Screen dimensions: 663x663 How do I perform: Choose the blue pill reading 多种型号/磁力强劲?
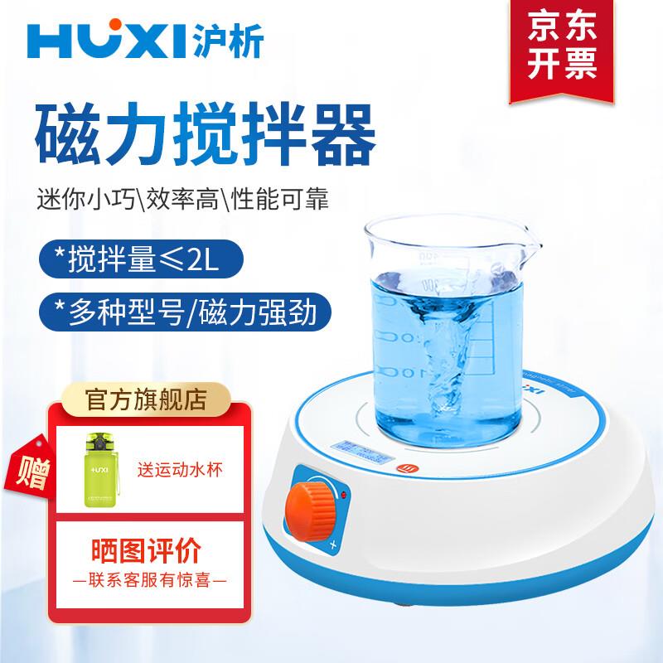pos(182,312)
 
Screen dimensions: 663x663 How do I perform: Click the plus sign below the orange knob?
pos(333,545)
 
